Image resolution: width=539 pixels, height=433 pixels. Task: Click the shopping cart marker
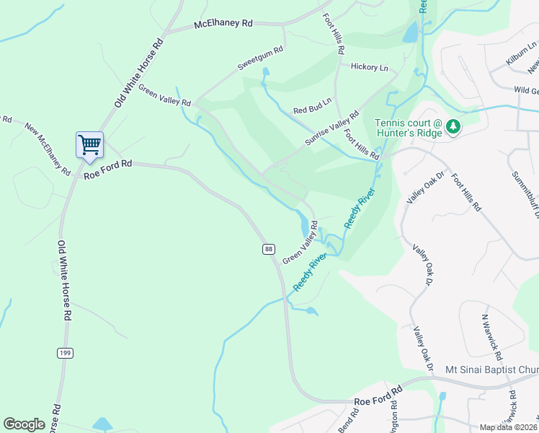[90, 144]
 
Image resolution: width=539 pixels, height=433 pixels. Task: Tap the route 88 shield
[268, 249]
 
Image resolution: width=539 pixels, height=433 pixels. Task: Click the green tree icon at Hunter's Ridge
[453, 128]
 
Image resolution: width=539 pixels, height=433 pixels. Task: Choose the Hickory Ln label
[369, 67]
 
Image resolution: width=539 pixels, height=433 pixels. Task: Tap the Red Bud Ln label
[312, 106]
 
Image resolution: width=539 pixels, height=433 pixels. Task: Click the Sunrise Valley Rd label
[331, 128]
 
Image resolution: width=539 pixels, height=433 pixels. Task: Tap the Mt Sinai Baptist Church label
[492, 369]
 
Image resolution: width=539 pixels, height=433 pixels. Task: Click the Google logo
[24, 424]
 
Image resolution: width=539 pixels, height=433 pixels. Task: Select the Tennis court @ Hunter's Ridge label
[408, 128]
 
